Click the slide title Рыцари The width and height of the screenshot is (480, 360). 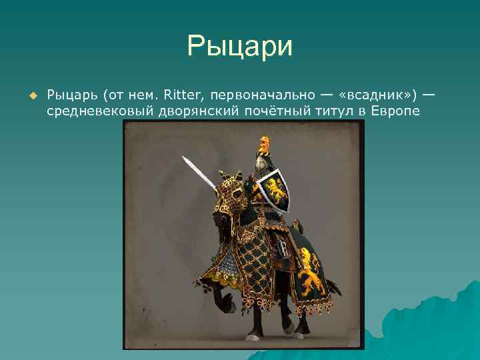(x=240, y=47)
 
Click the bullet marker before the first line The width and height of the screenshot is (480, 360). (x=31, y=95)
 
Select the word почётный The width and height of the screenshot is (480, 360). (x=270, y=111)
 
